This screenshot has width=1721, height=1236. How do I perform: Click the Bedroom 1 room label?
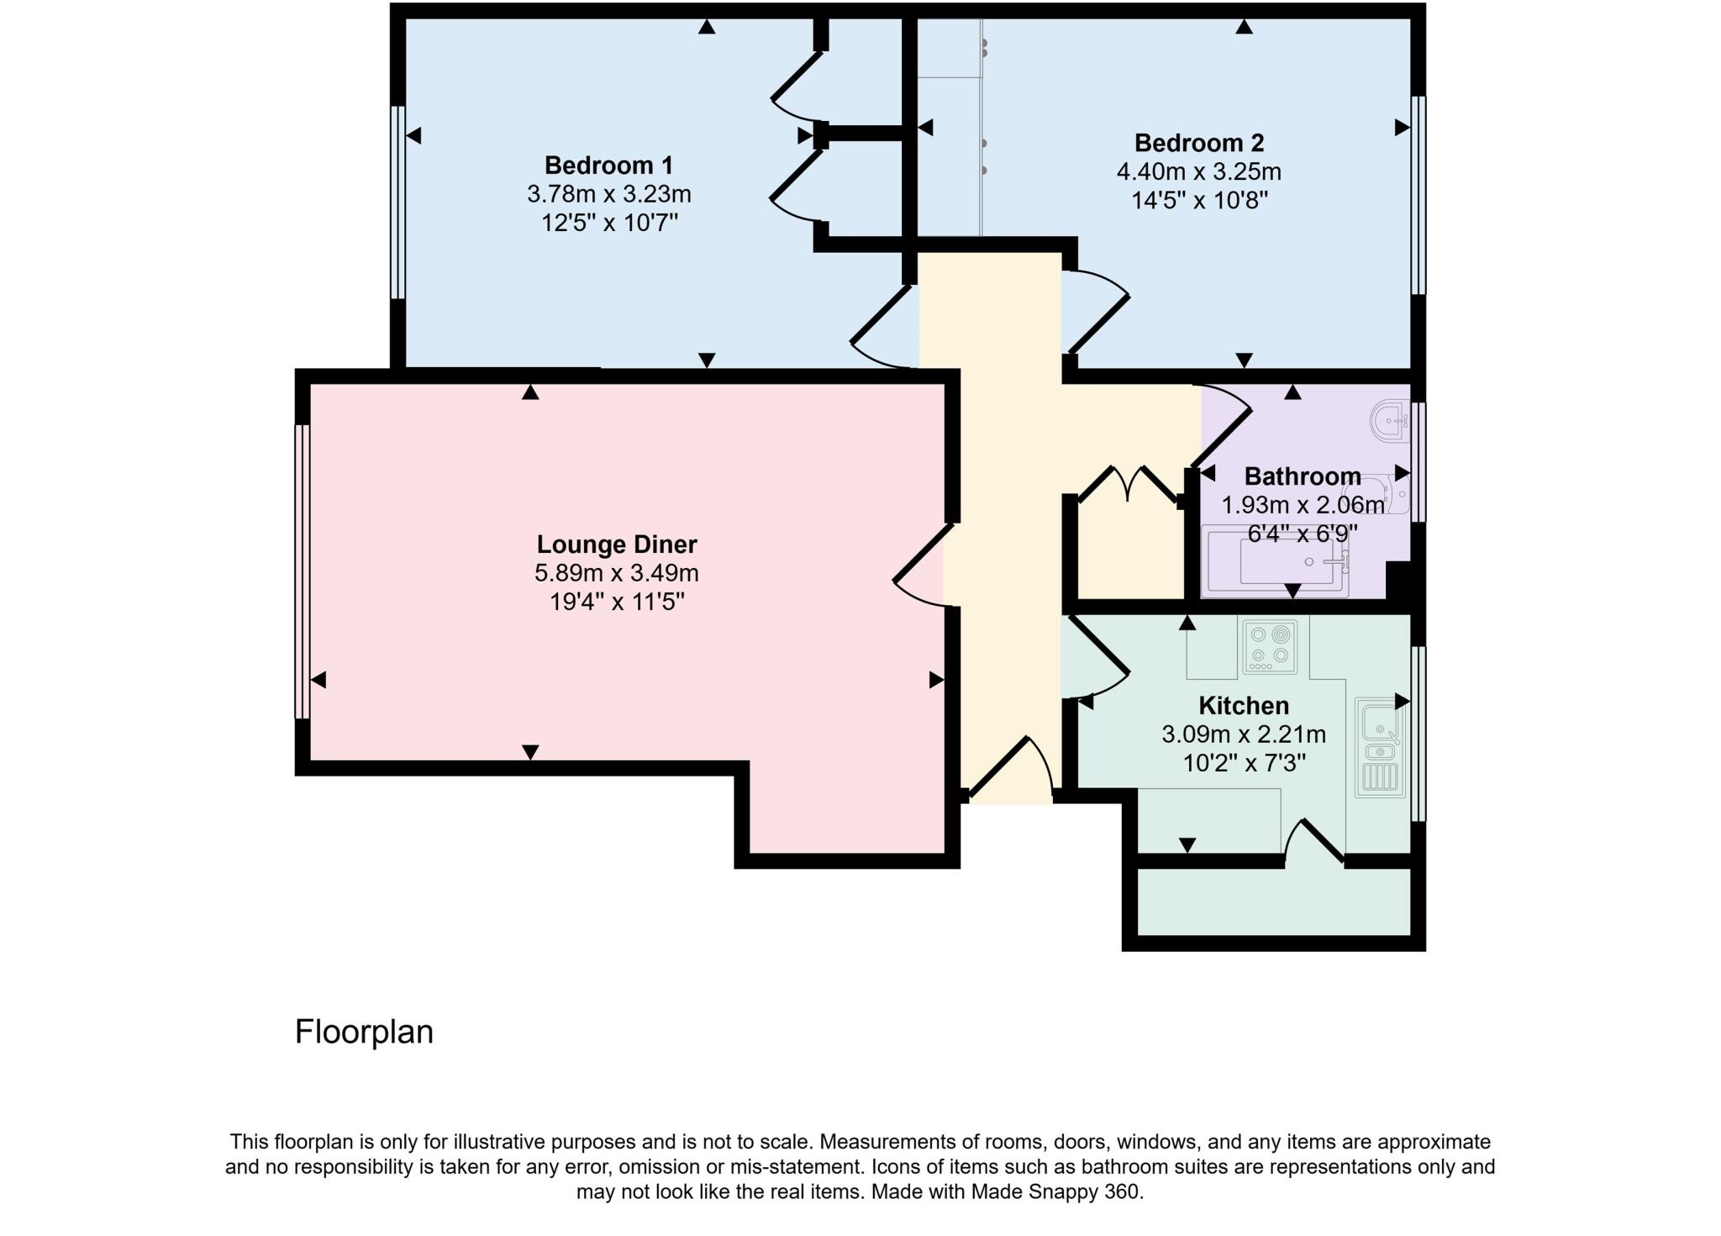(608, 165)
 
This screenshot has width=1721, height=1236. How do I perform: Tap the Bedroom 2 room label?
(1198, 143)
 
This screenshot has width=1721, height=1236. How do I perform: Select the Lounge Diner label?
(617, 544)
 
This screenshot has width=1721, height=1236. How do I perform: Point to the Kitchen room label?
(1243, 706)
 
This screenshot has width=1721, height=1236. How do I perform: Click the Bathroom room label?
(1302, 476)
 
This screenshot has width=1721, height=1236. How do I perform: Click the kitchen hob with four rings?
(1269, 646)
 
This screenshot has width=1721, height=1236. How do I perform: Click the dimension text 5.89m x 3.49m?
(617, 574)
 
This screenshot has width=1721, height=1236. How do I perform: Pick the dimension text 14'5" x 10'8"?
(1198, 201)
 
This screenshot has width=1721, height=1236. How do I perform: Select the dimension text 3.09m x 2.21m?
(1243, 735)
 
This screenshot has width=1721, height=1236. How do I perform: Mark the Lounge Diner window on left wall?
(302, 571)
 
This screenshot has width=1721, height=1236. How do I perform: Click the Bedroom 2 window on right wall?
(1418, 195)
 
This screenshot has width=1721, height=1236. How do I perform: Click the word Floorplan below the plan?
(364, 1032)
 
